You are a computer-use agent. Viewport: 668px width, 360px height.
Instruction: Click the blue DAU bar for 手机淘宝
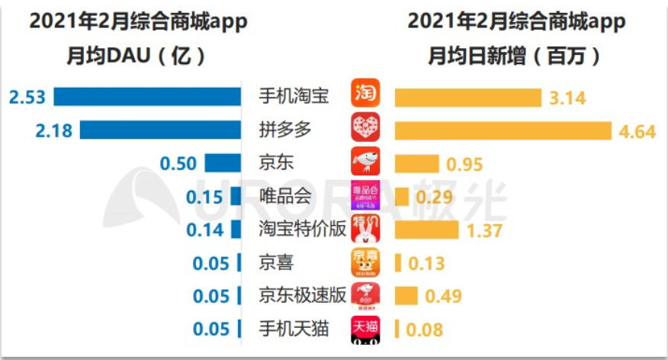pos(148,97)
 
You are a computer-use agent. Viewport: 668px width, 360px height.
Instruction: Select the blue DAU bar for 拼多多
pos(160,130)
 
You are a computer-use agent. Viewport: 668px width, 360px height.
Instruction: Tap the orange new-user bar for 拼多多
pos(503,130)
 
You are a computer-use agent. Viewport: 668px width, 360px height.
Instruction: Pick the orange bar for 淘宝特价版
pos(426,230)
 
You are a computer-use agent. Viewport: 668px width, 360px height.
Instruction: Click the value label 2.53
pos(27,97)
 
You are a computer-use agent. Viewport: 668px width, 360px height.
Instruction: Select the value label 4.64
pos(637,131)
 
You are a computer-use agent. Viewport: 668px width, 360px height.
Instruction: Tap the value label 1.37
pos(486,230)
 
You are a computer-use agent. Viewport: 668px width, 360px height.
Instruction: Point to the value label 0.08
pos(424,329)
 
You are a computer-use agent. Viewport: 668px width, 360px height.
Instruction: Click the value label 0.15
pos(204,197)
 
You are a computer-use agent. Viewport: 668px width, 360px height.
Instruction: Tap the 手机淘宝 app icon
pos(365,93)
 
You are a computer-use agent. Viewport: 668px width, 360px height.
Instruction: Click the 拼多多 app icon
pos(365,127)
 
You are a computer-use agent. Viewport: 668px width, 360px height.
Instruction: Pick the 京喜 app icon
pos(365,262)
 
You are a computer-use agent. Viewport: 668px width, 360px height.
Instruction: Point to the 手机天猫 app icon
pos(365,329)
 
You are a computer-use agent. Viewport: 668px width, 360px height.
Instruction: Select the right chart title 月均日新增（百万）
pos(515,56)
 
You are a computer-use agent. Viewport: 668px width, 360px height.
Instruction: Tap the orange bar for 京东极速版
pos(406,296)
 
